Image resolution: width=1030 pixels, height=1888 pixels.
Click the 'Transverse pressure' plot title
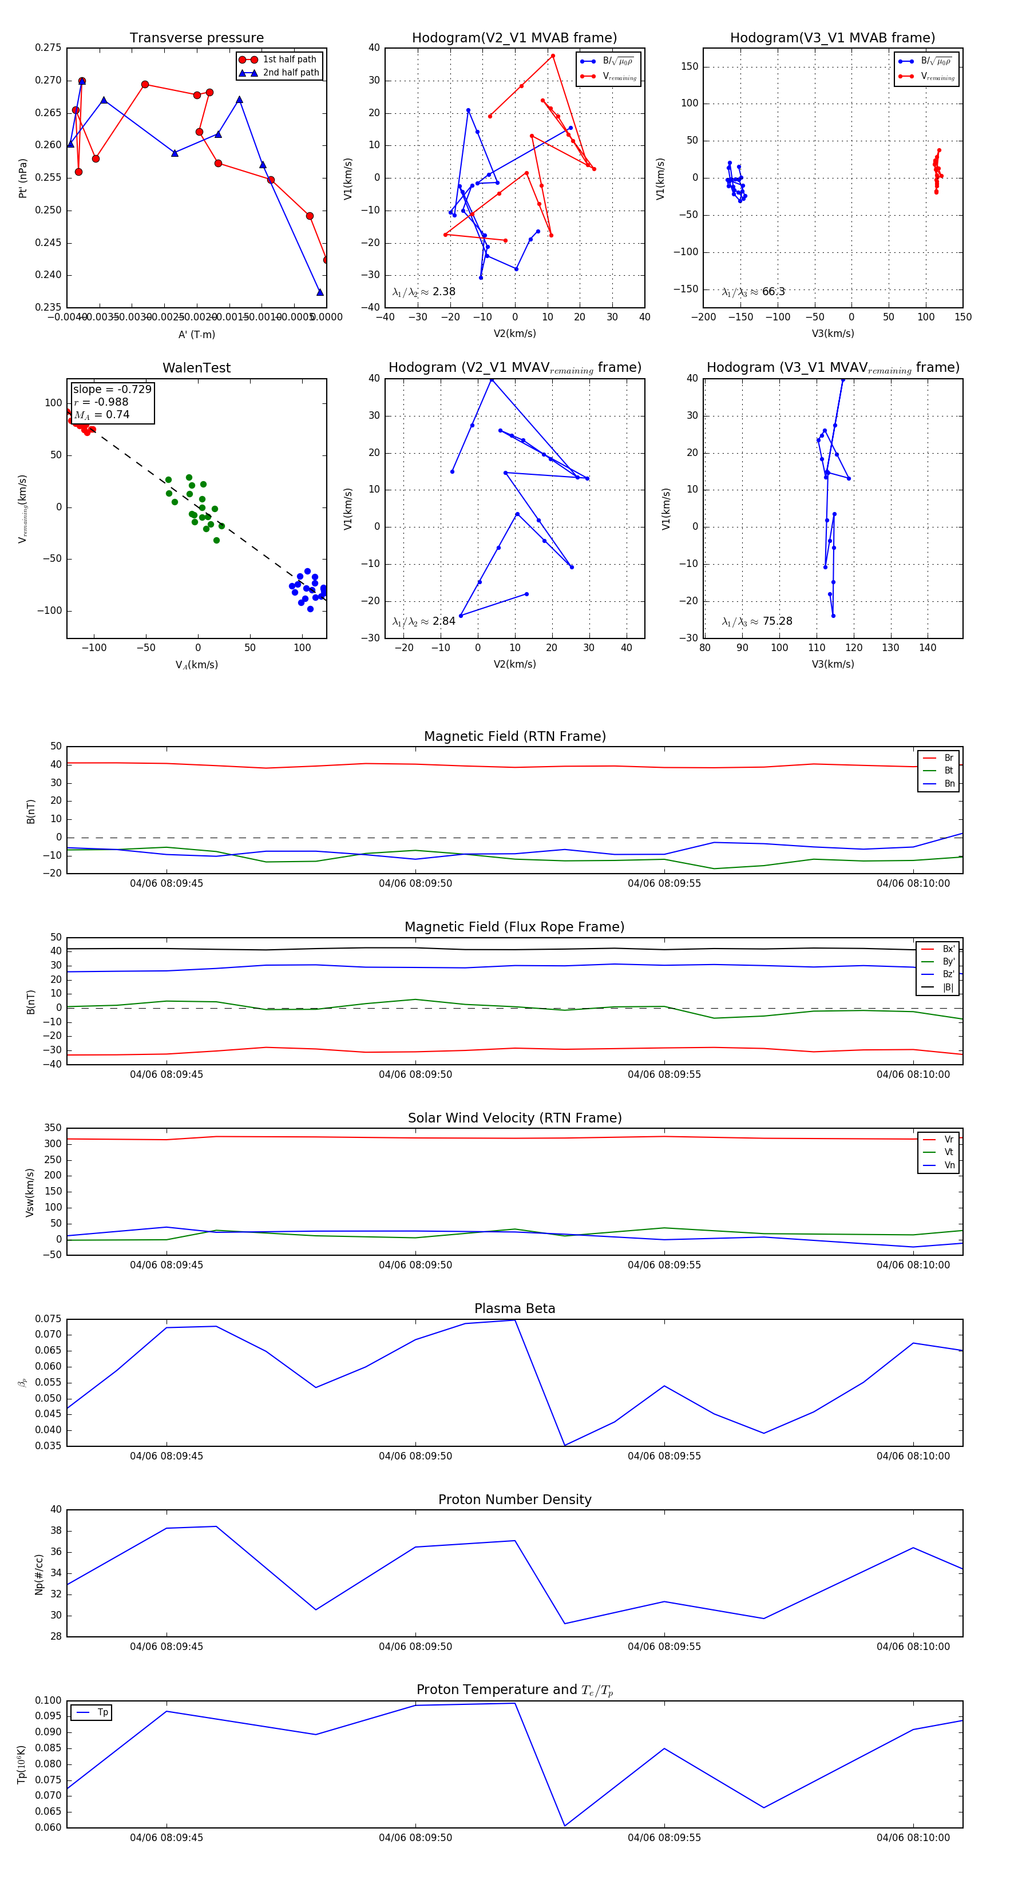point(196,38)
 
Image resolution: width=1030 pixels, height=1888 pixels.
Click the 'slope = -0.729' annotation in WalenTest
point(112,389)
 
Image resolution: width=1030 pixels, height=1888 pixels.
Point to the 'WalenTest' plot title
point(196,368)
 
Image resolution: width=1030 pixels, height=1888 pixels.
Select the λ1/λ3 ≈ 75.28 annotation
point(756,621)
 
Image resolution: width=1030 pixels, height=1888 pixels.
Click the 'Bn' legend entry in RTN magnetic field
point(949,783)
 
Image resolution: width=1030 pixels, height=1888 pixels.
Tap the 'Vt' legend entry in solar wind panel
point(949,1152)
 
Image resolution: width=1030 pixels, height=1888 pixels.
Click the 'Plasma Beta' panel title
point(514,1309)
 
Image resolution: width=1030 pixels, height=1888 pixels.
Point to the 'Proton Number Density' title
point(514,1500)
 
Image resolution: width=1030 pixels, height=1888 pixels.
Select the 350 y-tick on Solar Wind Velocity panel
point(53,1128)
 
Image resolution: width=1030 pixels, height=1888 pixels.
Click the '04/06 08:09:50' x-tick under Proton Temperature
point(415,1838)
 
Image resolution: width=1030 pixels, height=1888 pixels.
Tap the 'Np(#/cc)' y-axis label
point(39,1574)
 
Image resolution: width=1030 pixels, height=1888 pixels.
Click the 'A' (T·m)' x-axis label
point(196,334)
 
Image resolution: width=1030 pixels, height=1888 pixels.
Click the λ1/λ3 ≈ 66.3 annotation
point(753,292)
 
